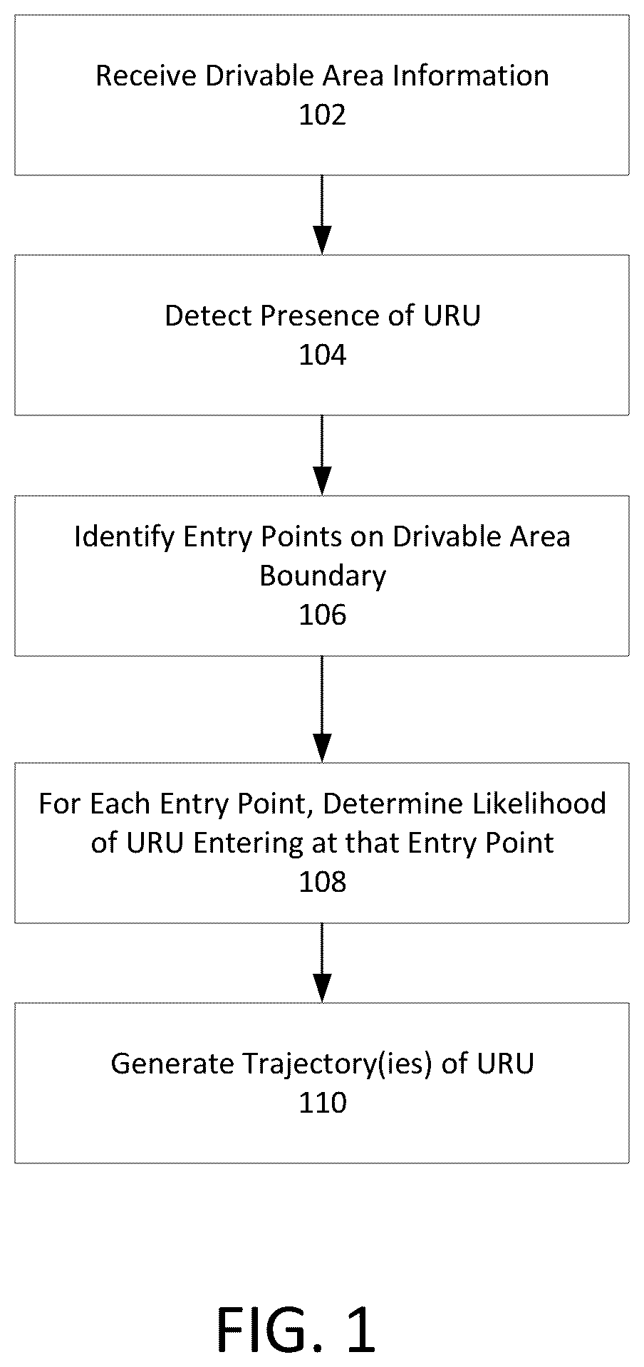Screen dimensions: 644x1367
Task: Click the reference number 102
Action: pos(322,115)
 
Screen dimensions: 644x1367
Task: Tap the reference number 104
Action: pos(322,355)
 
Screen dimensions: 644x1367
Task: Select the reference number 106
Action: pos(322,615)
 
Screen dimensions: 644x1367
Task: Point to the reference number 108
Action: pos(322,882)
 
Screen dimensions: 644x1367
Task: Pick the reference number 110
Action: pos(322,1103)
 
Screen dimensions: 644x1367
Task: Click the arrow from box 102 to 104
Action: pos(322,214)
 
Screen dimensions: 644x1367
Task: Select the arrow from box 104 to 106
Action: pos(322,454)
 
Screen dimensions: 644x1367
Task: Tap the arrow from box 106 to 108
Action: pos(322,709)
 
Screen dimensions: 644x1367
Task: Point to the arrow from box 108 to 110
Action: pos(322,962)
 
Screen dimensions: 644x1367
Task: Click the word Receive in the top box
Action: pos(147,76)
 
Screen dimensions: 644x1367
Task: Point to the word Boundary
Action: pos(323,576)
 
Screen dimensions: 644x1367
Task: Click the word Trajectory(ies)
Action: pos(338,1064)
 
